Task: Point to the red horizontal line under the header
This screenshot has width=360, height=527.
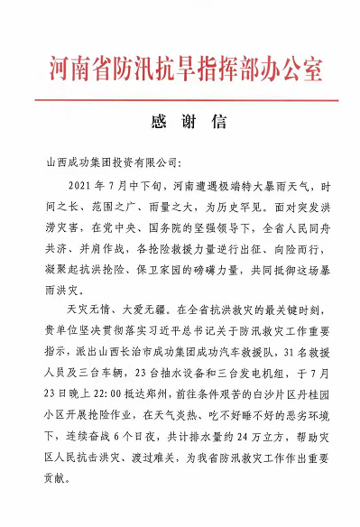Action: (x=180, y=99)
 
